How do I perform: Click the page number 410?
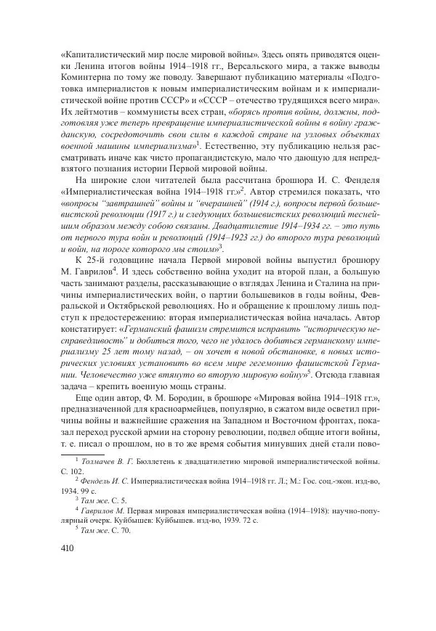pyautogui.click(x=54, y=550)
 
